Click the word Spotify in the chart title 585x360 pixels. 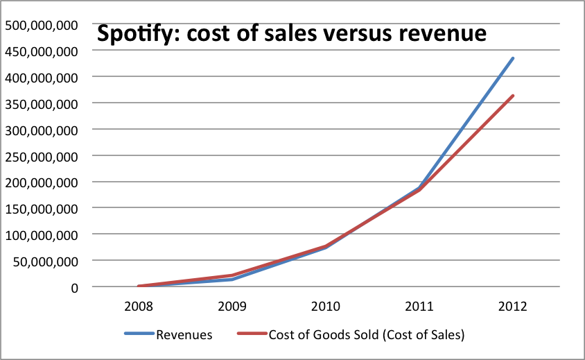tap(136, 34)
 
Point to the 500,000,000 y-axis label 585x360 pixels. tap(41, 25)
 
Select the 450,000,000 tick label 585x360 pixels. tap(41, 51)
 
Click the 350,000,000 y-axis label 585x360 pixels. tap(41, 103)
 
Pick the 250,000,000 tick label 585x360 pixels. tap(41, 156)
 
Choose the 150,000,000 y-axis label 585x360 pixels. tap(41, 208)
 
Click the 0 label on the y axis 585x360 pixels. tap(73, 287)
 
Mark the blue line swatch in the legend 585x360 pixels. tap(139, 334)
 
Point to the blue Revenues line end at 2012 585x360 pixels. tap(512, 58)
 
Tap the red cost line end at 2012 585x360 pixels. tap(512, 96)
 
